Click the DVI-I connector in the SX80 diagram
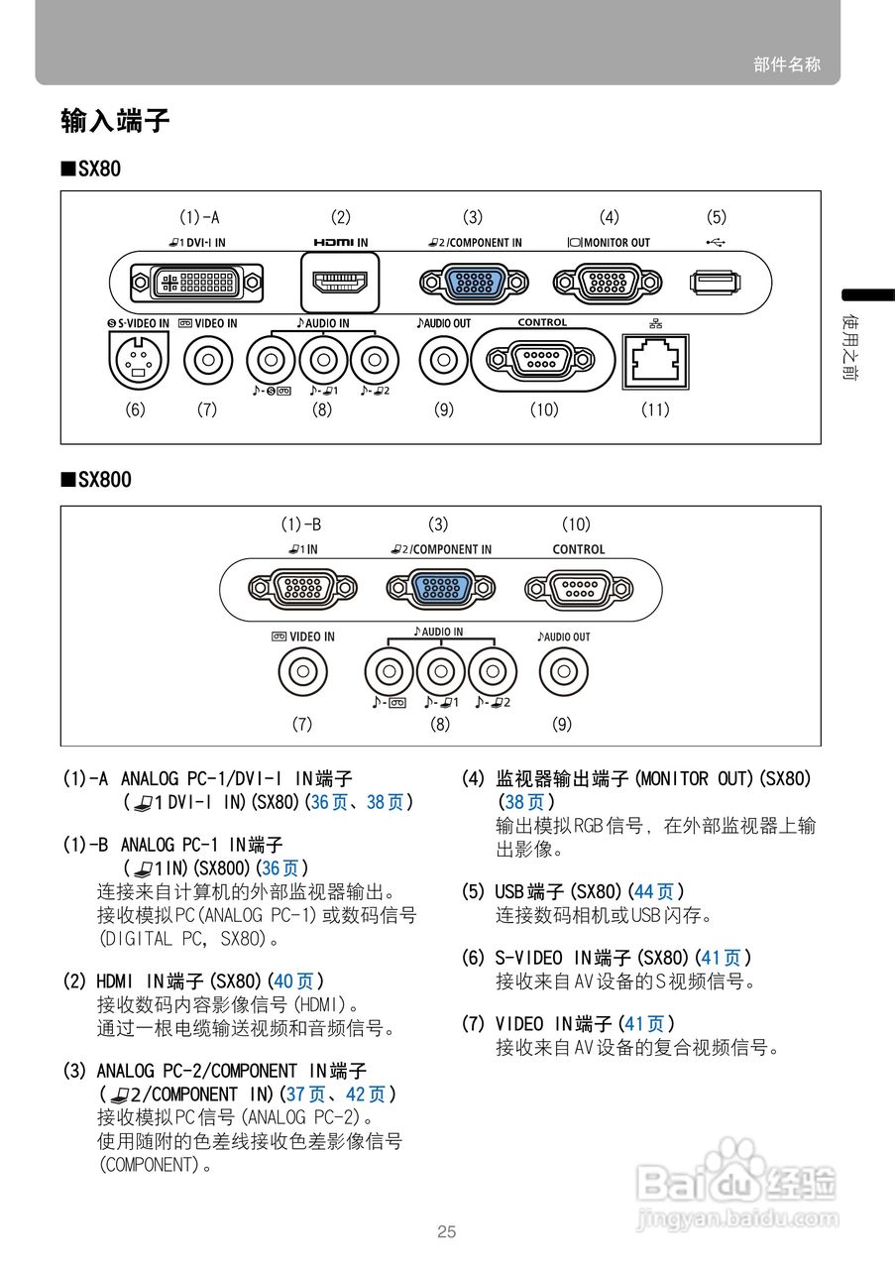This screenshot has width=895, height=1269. coord(198,283)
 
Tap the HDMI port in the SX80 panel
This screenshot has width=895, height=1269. coord(340,282)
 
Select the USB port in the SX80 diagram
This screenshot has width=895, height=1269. coord(714,283)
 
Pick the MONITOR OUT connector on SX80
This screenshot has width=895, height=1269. coord(608,283)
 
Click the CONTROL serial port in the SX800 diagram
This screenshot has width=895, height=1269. coord(578,589)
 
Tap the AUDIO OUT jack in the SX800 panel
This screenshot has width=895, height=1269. coord(562,673)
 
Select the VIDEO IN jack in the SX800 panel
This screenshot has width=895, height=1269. coord(303,673)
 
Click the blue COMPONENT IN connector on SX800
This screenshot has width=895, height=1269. coord(439,589)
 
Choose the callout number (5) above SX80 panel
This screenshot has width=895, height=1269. coord(716,217)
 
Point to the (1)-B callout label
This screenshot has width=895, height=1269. coord(300,523)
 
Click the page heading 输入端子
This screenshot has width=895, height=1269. coord(115,122)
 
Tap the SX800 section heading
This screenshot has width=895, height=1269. coord(96,480)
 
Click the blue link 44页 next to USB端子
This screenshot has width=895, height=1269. coord(653,892)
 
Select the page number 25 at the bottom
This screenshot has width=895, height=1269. coord(447,1232)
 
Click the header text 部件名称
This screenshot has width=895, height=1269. coord(787,64)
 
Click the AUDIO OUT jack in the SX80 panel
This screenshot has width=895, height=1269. coord(443,360)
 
